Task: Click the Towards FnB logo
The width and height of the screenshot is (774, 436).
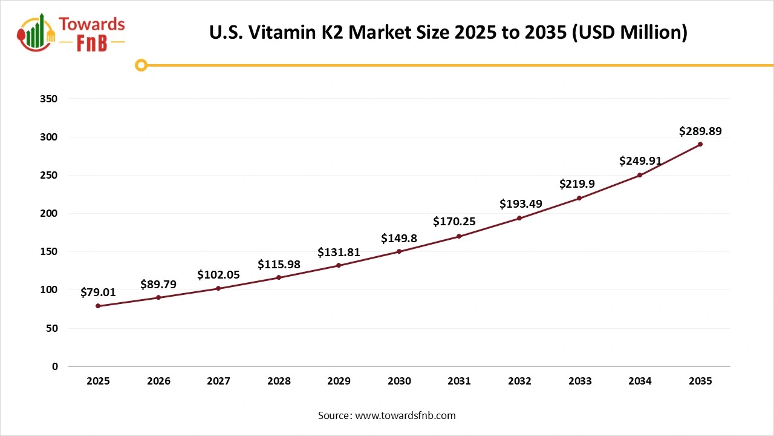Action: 71,34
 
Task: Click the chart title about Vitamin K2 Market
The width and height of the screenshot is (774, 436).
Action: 448,32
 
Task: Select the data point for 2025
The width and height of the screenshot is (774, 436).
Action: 98,306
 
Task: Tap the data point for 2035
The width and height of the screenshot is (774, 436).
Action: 700,144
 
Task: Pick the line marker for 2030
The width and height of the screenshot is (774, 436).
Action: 399,251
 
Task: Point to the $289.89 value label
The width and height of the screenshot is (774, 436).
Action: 700,131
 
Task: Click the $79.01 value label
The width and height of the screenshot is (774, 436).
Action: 98,292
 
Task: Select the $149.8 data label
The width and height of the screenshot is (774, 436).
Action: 399,238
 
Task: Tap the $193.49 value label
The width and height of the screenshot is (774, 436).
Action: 519,204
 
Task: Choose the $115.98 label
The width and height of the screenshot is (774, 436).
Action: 279,264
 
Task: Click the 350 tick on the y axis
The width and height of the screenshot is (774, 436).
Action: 49,99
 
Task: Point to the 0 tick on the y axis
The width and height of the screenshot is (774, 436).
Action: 54,366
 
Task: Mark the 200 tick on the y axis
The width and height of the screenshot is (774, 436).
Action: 49,213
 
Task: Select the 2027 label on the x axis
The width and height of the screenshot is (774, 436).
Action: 218,381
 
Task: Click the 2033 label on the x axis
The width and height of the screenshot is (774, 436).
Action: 580,381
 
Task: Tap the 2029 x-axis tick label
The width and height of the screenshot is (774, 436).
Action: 339,381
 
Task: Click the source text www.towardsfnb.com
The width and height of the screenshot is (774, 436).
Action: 386,415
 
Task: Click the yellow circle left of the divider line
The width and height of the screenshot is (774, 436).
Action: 141,65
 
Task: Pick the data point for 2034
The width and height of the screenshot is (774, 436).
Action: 640,175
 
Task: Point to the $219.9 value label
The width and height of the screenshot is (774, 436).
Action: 579,183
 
